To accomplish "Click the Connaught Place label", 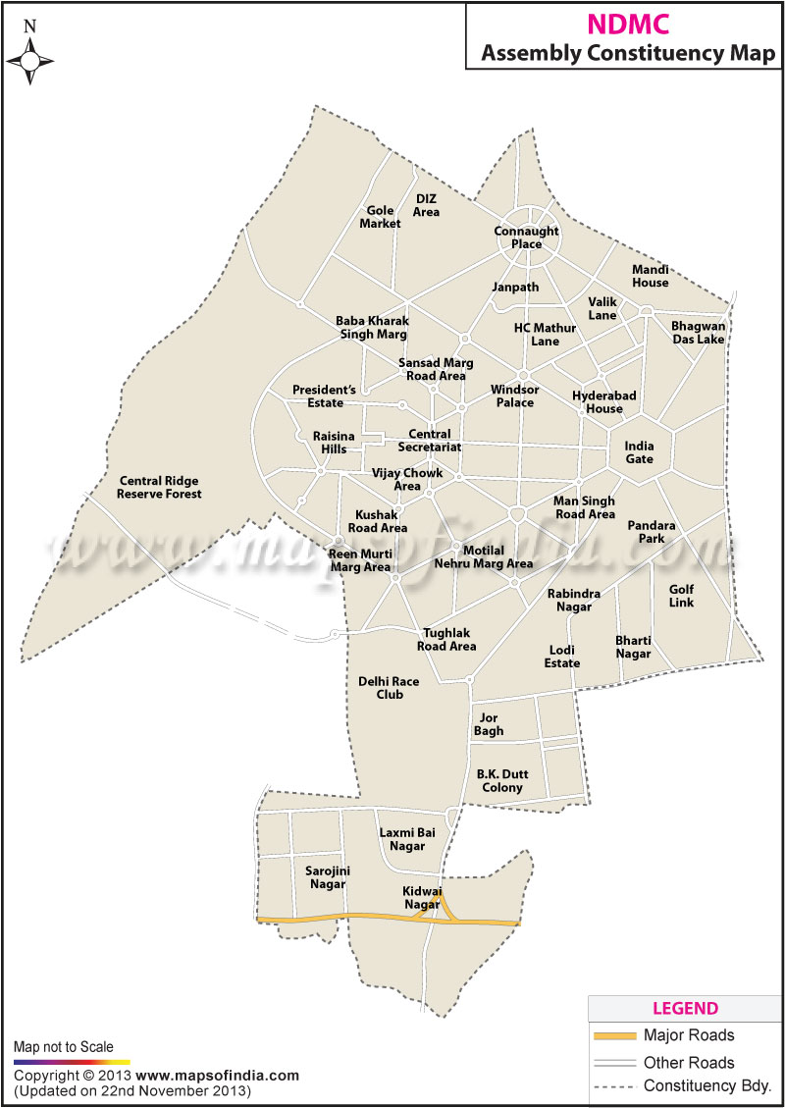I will (526, 237).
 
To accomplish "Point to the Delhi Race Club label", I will (381, 688).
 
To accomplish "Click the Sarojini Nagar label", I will (327, 877).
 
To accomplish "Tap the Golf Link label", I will (681, 596).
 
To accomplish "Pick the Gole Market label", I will (380, 217).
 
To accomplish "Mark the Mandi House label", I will (650, 276).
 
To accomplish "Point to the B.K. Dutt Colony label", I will (500, 780).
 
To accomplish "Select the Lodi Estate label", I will (562, 657).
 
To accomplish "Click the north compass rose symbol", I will (29, 61).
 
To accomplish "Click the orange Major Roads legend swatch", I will (613, 1035).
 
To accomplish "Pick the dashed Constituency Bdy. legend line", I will (613, 1085).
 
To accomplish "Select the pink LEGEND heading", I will (685, 1009).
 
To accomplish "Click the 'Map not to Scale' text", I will (63, 1047).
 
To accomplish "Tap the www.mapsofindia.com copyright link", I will (217, 1076).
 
